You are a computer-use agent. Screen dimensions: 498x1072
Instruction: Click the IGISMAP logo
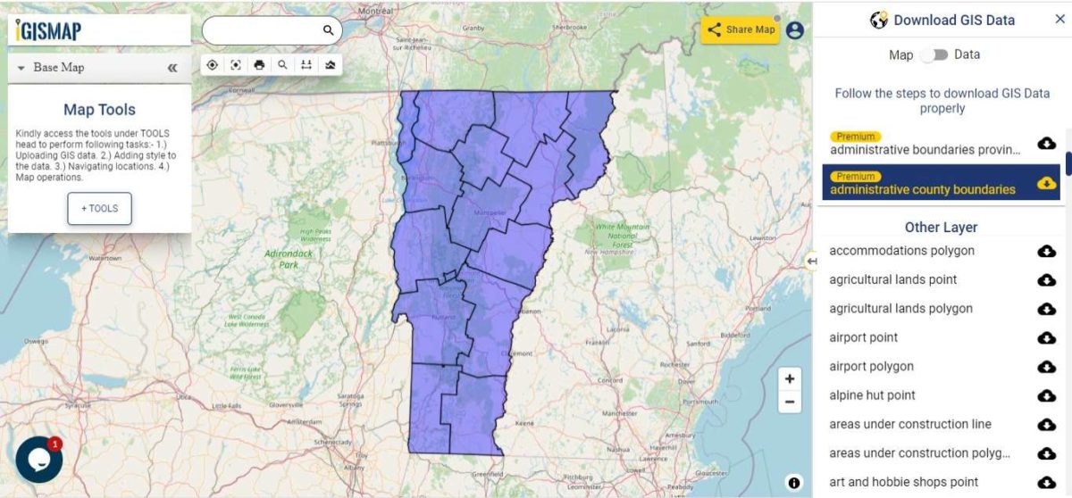[x=49, y=30]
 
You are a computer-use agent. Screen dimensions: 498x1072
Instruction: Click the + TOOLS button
[x=99, y=208]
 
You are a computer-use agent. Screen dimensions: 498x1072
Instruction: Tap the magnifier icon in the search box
[x=328, y=30]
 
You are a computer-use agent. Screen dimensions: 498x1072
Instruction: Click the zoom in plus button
[x=790, y=378]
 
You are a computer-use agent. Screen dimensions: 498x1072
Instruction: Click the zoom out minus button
[x=790, y=403]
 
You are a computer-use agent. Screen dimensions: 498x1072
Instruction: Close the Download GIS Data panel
[x=1059, y=19]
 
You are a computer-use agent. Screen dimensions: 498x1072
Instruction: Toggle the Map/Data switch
[x=934, y=55]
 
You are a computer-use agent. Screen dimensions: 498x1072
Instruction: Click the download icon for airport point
[x=1046, y=337]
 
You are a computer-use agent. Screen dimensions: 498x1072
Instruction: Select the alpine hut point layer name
[x=872, y=395]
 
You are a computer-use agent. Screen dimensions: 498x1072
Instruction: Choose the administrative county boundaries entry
[x=922, y=189]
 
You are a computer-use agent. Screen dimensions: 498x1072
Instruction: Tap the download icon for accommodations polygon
[x=1046, y=251]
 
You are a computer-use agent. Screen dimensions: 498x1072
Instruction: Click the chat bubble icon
[x=38, y=459]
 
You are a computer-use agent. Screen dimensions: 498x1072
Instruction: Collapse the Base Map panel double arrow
[x=172, y=68]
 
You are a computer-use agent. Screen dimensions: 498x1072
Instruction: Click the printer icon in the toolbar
[x=259, y=65]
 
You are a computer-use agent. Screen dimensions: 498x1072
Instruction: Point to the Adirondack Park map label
[x=288, y=259]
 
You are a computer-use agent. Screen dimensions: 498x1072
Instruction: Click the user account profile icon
[x=794, y=30]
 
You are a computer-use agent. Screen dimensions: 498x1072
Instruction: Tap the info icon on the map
[x=794, y=483]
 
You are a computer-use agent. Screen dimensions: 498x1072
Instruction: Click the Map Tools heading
[x=99, y=110]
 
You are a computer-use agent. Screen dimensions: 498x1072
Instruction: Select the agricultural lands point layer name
[x=892, y=279]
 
